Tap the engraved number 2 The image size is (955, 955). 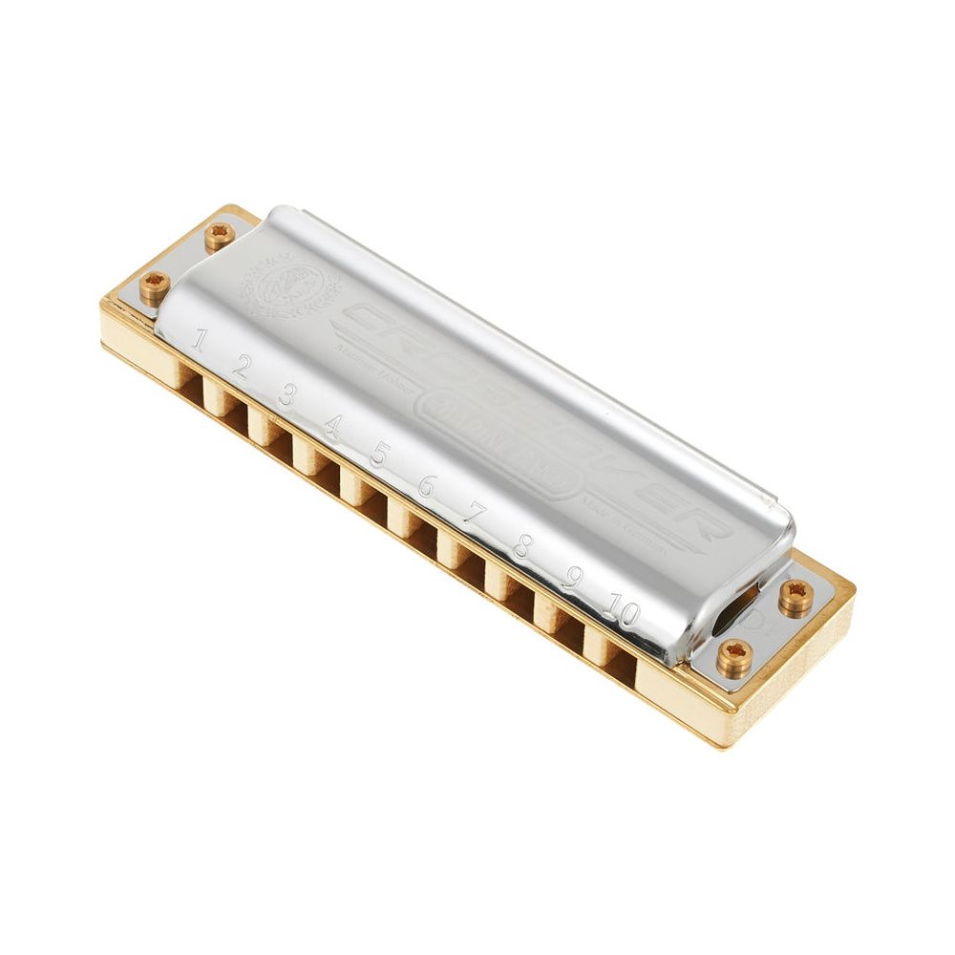(x=241, y=367)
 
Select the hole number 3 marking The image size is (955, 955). (x=286, y=394)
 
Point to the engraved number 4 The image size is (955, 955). (x=331, y=424)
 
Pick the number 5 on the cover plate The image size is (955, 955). (x=379, y=454)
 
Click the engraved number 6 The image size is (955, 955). (x=426, y=485)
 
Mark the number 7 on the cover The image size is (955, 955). (x=475, y=516)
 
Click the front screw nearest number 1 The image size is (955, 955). (x=155, y=286)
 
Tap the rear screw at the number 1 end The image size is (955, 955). (x=220, y=234)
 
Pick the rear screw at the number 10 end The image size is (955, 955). (x=796, y=597)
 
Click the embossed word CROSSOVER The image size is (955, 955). (x=535, y=420)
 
